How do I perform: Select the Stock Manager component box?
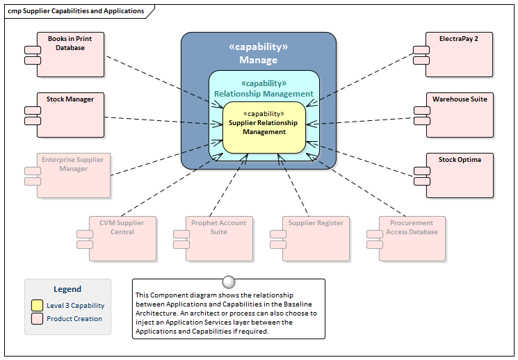(70, 115)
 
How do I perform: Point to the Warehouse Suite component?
(459, 115)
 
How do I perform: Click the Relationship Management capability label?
(264, 94)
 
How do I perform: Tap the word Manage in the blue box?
(258, 60)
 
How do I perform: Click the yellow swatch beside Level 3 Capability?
(37, 305)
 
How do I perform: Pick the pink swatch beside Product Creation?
(37, 319)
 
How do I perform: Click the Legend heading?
(67, 289)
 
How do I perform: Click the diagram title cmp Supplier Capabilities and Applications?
(76, 11)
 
